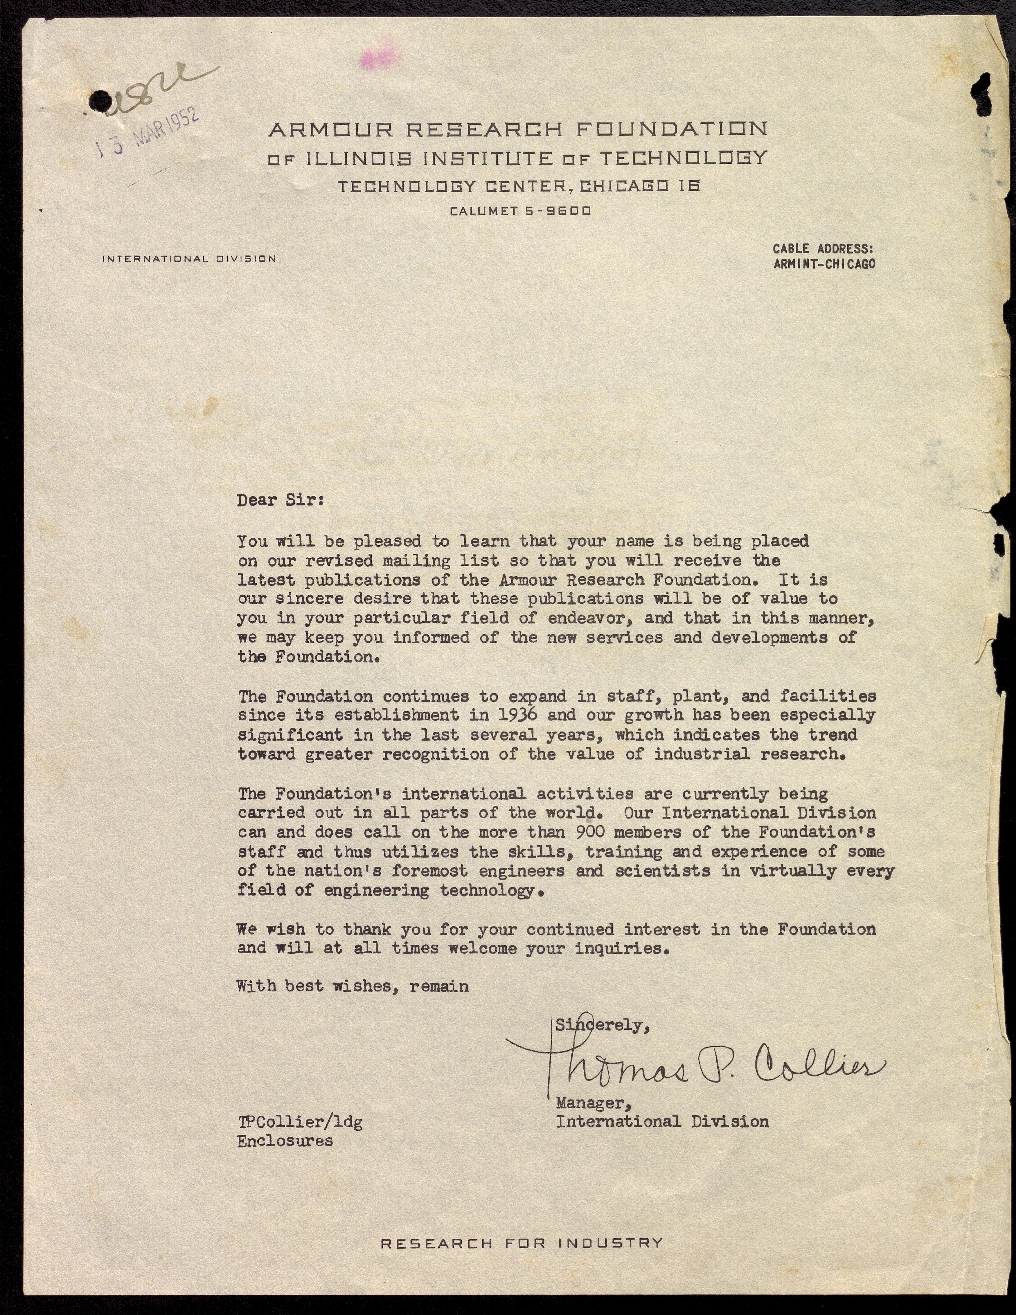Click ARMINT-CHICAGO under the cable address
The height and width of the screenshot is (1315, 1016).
click(x=824, y=264)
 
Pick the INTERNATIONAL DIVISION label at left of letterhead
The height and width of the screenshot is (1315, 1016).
click(x=189, y=259)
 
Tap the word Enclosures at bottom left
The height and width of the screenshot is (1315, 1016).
click(x=285, y=1141)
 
